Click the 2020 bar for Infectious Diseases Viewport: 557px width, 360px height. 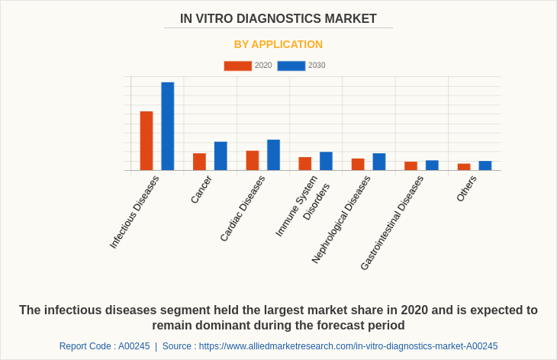tap(146, 141)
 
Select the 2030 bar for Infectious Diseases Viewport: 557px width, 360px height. tap(168, 127)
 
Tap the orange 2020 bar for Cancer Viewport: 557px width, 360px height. tap(199, 162)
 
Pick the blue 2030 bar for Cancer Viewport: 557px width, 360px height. tap(221, 156)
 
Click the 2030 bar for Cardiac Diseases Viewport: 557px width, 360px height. tap(273, 155)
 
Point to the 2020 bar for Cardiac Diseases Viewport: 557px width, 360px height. tap(253, 160)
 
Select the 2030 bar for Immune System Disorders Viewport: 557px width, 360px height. tap(326, 161)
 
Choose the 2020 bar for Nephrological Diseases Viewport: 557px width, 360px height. tap(358, 164)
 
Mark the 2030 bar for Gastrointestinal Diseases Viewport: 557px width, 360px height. tap(432, 165)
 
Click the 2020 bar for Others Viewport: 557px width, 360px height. tap(464, 166)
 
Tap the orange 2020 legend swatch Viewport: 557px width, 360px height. tap(237, 66)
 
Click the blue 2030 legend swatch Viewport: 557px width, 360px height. tap(291, 66)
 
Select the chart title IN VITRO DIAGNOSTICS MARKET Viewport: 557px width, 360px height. tap(278, 19)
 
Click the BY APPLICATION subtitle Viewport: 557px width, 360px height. tap(278, 44)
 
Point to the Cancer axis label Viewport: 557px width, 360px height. tap(201, 189)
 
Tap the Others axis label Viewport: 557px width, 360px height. tap(466, 188)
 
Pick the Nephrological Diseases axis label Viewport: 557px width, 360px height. tap(341, 220)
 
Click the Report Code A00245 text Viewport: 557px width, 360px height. tap(105, 346)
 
